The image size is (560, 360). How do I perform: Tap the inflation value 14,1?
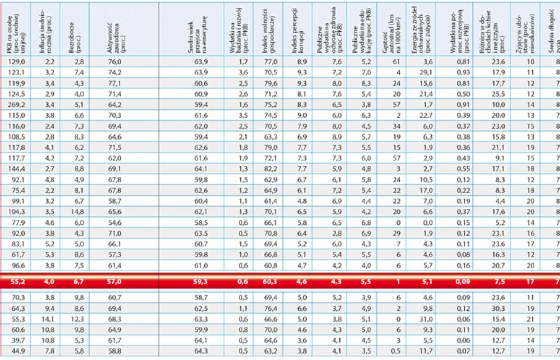pyautogui.click(x=47, y=319)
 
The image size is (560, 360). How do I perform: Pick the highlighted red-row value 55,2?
pyautogui.click(x=17, y=282)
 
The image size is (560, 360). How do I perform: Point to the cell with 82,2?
pyautogui.click(x=271, y=169)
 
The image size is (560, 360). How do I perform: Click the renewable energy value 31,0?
pyautogui.click(x=425, y=319)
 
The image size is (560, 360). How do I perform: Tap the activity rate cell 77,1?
pyautogui.click(x=114, y=83)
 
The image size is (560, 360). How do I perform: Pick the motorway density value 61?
pyautogui.click(x=396, y=62)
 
